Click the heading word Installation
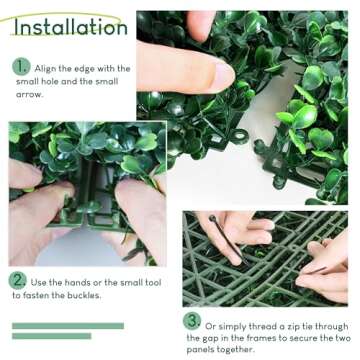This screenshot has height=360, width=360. point(70,26)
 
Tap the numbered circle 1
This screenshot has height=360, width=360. point(21,68)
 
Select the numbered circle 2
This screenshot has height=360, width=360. point(18,281)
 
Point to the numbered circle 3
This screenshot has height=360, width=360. point(192,321)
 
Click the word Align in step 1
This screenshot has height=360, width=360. point(53,68)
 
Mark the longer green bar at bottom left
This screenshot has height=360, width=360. point(68,326)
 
